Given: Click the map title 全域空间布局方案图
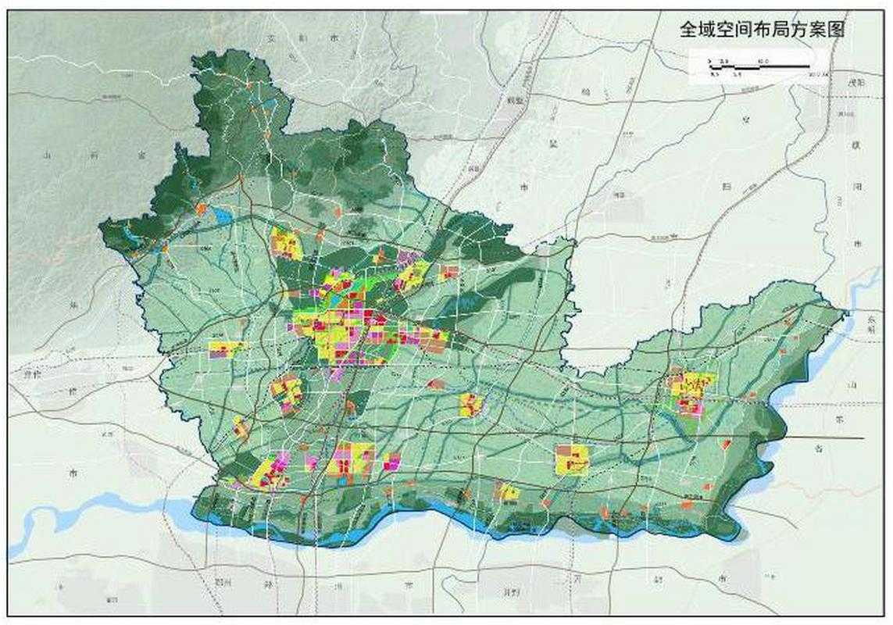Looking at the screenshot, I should [x=762, y=30].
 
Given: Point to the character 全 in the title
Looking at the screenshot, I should [x=688, y=30].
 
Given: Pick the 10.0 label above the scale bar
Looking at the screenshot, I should [x=763, y=60].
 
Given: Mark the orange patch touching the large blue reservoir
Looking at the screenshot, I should [x=202, y=209].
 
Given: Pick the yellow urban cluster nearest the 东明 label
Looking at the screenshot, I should [x=691, y=391].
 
